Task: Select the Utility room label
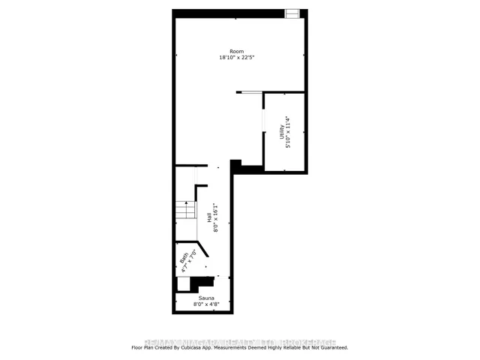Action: tap(282, 131)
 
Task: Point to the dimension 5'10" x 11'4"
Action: tap(289, 131)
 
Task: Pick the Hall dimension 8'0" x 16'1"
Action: tap(215, 218)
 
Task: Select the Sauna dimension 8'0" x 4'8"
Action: tap(207, 304)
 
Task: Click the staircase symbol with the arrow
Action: tap(185, 210)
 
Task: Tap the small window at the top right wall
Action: tap(292, 13)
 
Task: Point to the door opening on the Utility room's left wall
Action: tap(263, 120)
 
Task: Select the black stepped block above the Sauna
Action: tap(201, 283)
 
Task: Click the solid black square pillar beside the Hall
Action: tap(235, 165)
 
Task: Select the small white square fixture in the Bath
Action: tap(183, 284)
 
